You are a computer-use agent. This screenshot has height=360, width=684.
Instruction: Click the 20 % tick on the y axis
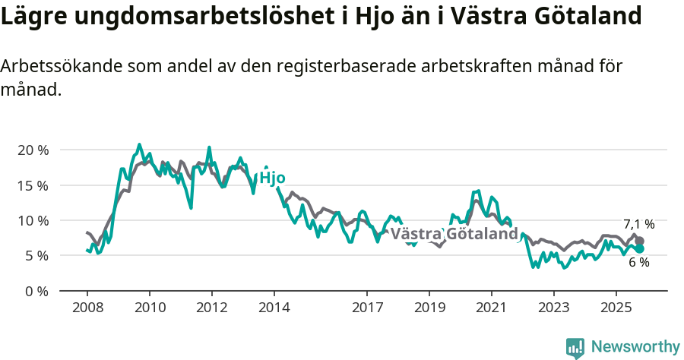[33, 150]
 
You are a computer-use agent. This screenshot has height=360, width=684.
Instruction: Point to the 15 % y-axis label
[33, 185]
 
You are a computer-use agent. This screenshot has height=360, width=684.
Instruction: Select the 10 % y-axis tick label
[33, 220]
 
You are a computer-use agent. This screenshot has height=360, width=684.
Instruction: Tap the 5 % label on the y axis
[36, 256]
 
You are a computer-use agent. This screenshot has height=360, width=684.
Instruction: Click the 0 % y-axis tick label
[36, 291]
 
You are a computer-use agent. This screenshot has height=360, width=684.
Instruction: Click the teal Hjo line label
[272, 178]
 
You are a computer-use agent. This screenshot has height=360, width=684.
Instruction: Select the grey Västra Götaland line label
[454, 234]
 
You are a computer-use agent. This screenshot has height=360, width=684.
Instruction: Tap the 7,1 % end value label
[638, 224]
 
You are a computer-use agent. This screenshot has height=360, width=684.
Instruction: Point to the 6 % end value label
[638, 262]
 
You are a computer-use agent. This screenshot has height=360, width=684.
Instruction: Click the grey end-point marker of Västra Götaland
[640, 241]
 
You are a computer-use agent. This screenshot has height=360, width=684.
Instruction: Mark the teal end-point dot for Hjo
[640, 248]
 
